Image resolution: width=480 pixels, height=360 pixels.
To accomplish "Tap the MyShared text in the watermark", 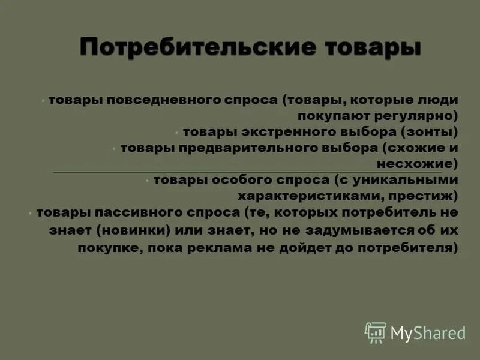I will pos(428,332).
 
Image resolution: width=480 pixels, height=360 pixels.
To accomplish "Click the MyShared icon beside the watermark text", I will pos(375,332).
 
